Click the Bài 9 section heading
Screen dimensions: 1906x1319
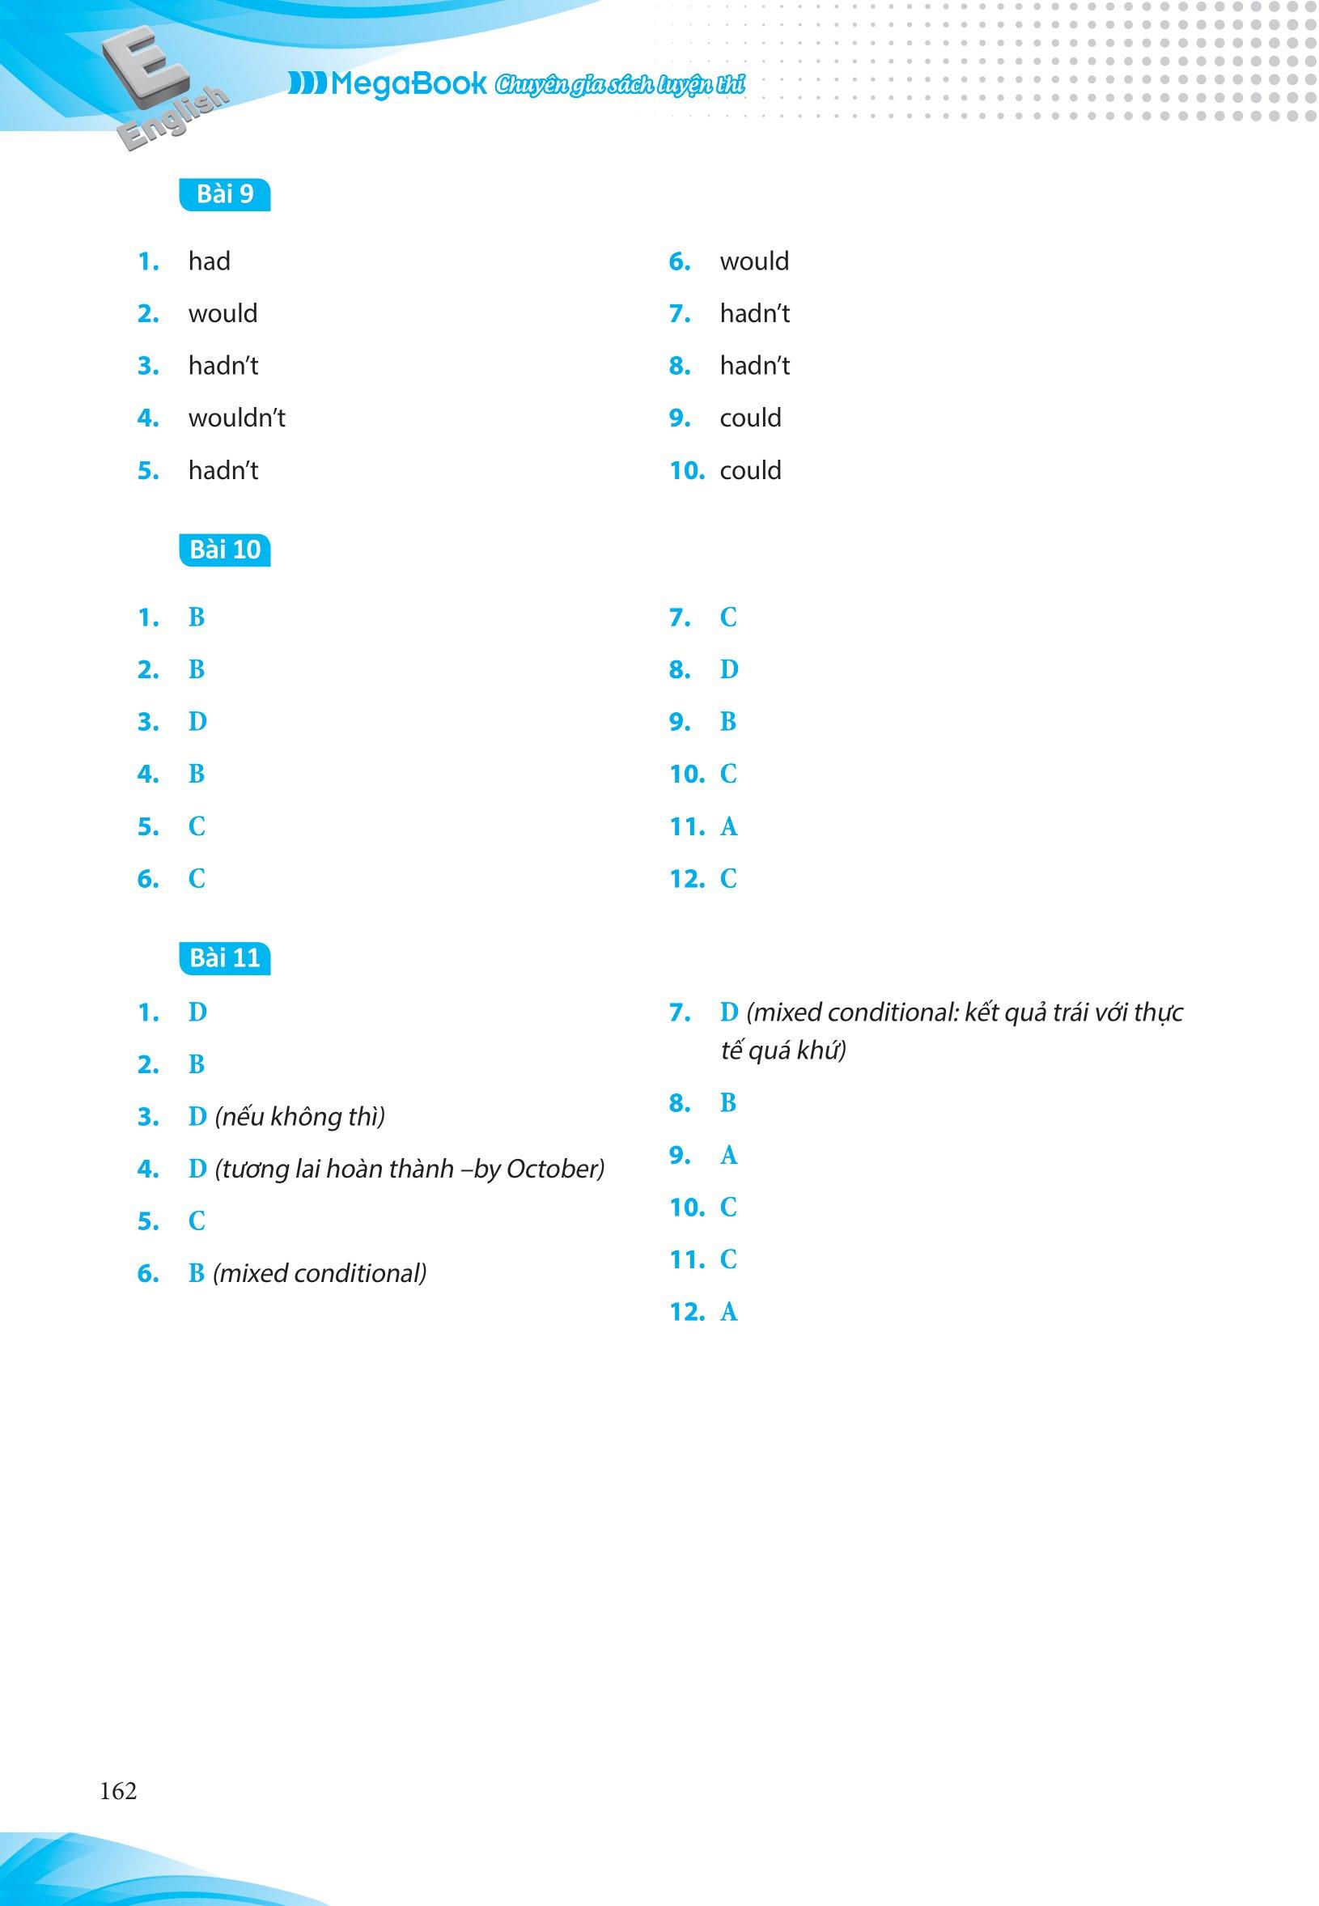click(x=225, y=194)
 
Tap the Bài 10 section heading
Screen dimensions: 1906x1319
click(x=225, y=550)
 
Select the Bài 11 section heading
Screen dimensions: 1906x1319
click(x=225, y=958)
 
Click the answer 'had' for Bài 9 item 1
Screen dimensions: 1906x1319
click(x=209, y=262)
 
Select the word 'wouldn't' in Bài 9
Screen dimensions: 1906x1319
click(x=236, y=418)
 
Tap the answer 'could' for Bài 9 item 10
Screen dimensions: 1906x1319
click(x=750, y=471)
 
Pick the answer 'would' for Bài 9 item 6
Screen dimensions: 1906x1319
click(x=753, y=262)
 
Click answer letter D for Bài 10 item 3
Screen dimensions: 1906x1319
click(x=197, y=723)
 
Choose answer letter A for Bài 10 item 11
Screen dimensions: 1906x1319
click(x=728, y=826)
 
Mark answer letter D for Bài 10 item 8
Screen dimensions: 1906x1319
click(x=728, y=669)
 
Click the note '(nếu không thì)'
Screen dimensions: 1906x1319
click(x=300, y=1118)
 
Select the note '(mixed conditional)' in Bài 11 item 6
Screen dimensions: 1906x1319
click(x=320, y=1274)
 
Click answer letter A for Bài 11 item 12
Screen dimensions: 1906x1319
click(x=728, y=1313)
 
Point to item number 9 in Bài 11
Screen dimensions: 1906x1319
click(x=681, y=1156)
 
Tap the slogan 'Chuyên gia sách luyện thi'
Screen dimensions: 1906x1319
click(x=619, y=85)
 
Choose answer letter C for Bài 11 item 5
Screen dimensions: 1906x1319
click(x=197, y=1221)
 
